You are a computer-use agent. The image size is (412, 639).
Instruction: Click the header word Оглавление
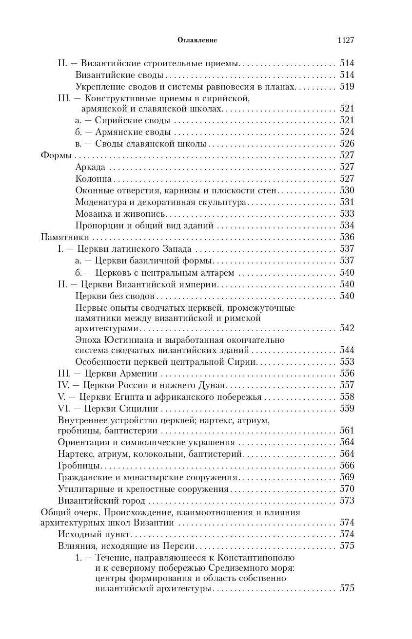click(x=197, y=40)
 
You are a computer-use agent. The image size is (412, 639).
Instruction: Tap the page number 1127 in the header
click(x=345, y=40)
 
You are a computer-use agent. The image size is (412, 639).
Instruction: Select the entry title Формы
click(x=55, y=155)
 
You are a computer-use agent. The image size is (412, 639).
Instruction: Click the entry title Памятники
click(x=64, y=237)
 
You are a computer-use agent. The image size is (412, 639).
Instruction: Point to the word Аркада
click(x=90, y=167)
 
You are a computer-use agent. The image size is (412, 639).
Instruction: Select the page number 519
click(x=347, y=87)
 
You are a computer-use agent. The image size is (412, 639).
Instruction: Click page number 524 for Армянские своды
click(x=347, y=132)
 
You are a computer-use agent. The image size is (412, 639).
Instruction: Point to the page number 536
click(x=347, y=237)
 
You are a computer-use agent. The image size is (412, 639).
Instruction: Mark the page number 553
click(x=347, y=362)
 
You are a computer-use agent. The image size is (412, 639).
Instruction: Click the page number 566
click(x=347, y=465)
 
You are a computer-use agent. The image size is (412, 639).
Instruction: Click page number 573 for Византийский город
click(x=347, y=500)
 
